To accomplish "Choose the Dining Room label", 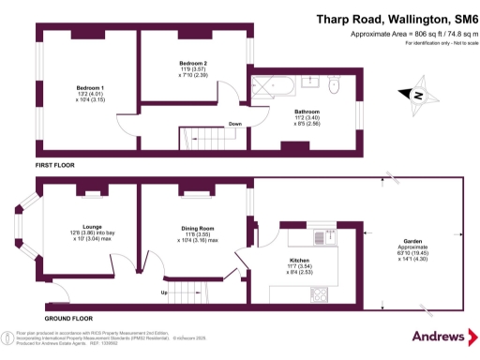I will pyautogui.click(x=197, y=230).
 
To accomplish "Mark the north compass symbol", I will pyautogui.click(x=417, y=94).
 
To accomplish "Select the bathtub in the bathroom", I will pyautogui.click(x=273, y=87).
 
